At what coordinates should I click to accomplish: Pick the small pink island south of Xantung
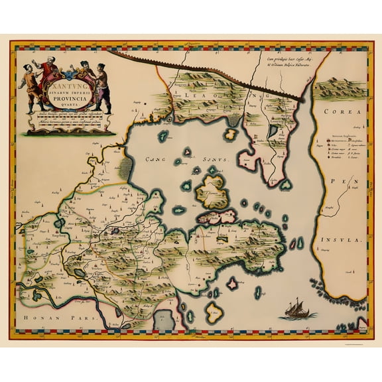tap(232, 285)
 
